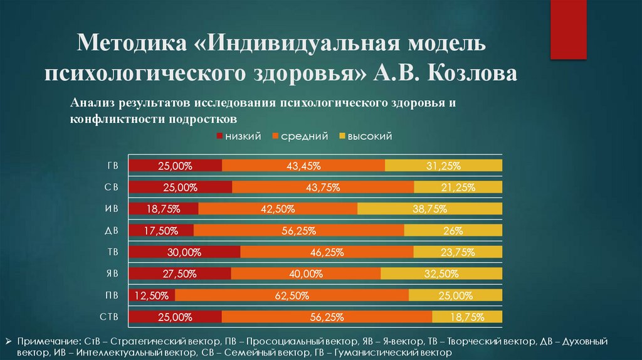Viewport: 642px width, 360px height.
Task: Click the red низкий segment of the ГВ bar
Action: point(175,166)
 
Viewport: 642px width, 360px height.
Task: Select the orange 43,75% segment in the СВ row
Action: point(322,187)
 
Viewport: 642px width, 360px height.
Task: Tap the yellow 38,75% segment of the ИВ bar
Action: point(429,209)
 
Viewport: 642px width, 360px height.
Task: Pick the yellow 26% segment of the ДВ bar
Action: point(453,230)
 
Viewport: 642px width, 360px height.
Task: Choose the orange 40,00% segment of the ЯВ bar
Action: point(305,274)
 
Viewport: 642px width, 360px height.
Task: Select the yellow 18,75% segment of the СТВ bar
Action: point(466,317)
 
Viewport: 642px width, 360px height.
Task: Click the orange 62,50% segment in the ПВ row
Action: point(292,295)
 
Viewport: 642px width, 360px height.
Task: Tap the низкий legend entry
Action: point(239,136)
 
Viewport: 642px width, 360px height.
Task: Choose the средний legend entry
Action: point(300,136)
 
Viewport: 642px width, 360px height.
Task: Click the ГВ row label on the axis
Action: point(112,166)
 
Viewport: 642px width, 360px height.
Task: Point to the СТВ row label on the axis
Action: point(109,317)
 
